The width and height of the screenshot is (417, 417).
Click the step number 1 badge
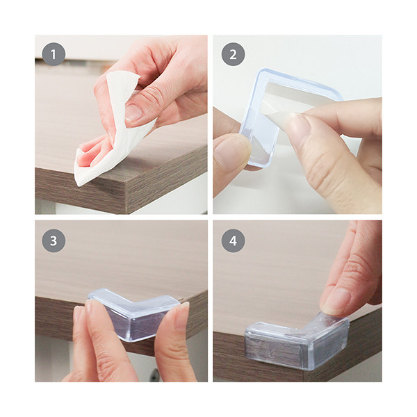pos(54,54)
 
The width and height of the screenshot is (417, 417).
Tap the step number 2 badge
pos(233,54)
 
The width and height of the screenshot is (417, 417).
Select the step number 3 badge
pos(54,240)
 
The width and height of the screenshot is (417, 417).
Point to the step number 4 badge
pos(233,240)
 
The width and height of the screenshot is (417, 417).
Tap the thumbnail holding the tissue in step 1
pos(133,112)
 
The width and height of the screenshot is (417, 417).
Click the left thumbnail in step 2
pos(229,152)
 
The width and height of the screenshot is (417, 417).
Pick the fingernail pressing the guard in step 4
pos(336,300)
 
